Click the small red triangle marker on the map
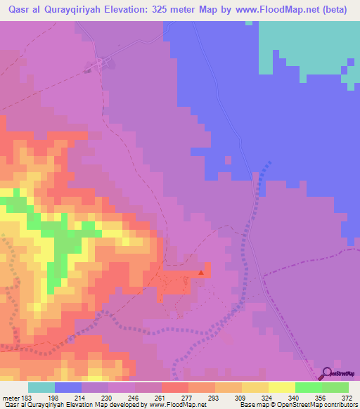click(202, 272)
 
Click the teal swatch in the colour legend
click(41, 387)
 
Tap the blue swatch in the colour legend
click(68, 387)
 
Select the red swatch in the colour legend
click(175, 387)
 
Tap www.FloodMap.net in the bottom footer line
click(175, 405)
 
